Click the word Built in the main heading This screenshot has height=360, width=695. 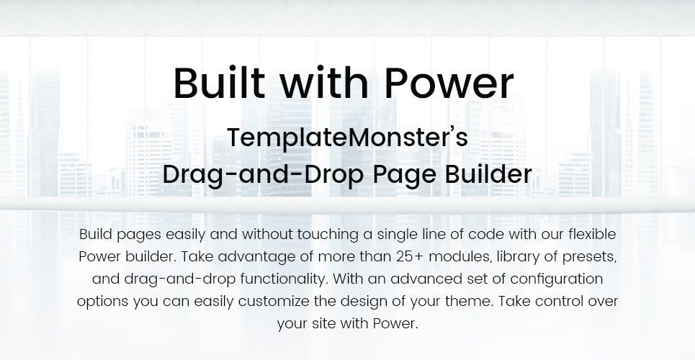pyautogui.click(x=219, y=83)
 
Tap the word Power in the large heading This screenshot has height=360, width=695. pyautogui.click(x=449, y=83)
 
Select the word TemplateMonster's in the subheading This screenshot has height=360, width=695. pyautogui.click(x=347, y=138)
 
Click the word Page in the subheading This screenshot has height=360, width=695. pyautogui.click(x=404, y=175)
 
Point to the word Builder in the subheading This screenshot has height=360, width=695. pyautogui.click(x=488, y=174)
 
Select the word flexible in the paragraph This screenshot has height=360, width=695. pyautogui.click(x=592, y=234)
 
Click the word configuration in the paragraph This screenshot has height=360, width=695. pyautogui.click(x=556, y=279)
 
